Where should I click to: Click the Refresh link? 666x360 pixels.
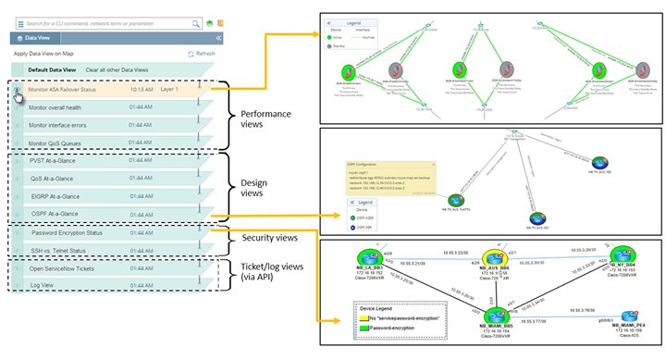pos(204,54)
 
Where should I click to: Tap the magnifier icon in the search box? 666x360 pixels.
pos(195,22)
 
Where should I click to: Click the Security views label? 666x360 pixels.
pos(270,237)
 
